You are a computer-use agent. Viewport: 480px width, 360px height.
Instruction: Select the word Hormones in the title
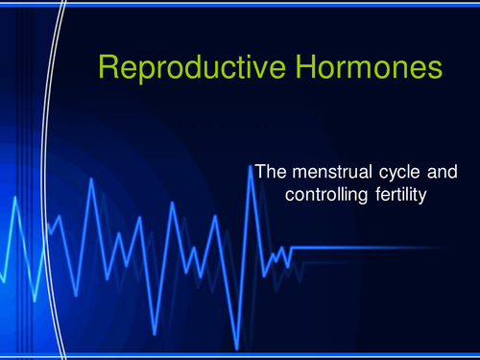click(367, 68)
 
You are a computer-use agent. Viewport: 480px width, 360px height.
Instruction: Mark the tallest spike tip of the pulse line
click(251, 164)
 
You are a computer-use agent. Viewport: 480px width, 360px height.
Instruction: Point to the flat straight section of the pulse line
click(384, 248)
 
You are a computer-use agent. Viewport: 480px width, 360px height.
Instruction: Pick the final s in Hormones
click(435, 70)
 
